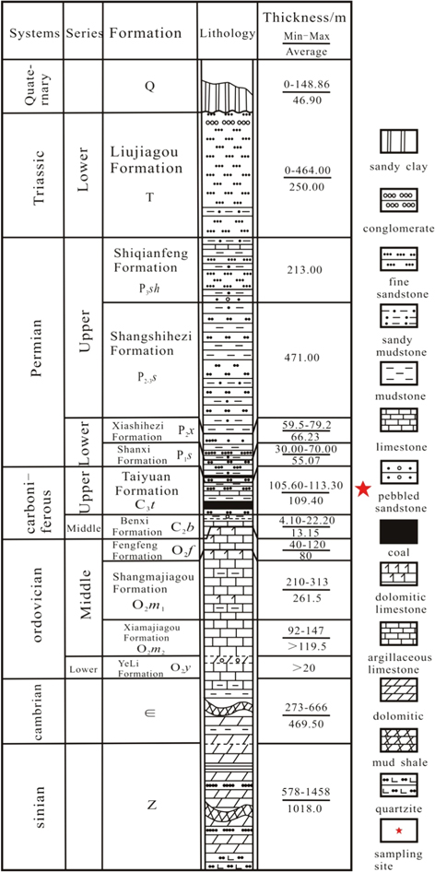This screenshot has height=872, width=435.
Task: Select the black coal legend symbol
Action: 399,531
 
